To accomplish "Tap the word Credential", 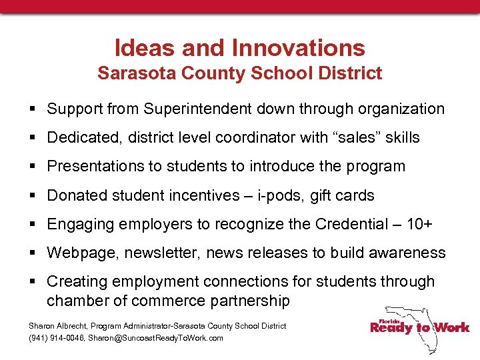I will (352, 224).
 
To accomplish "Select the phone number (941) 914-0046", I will (58, 338).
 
